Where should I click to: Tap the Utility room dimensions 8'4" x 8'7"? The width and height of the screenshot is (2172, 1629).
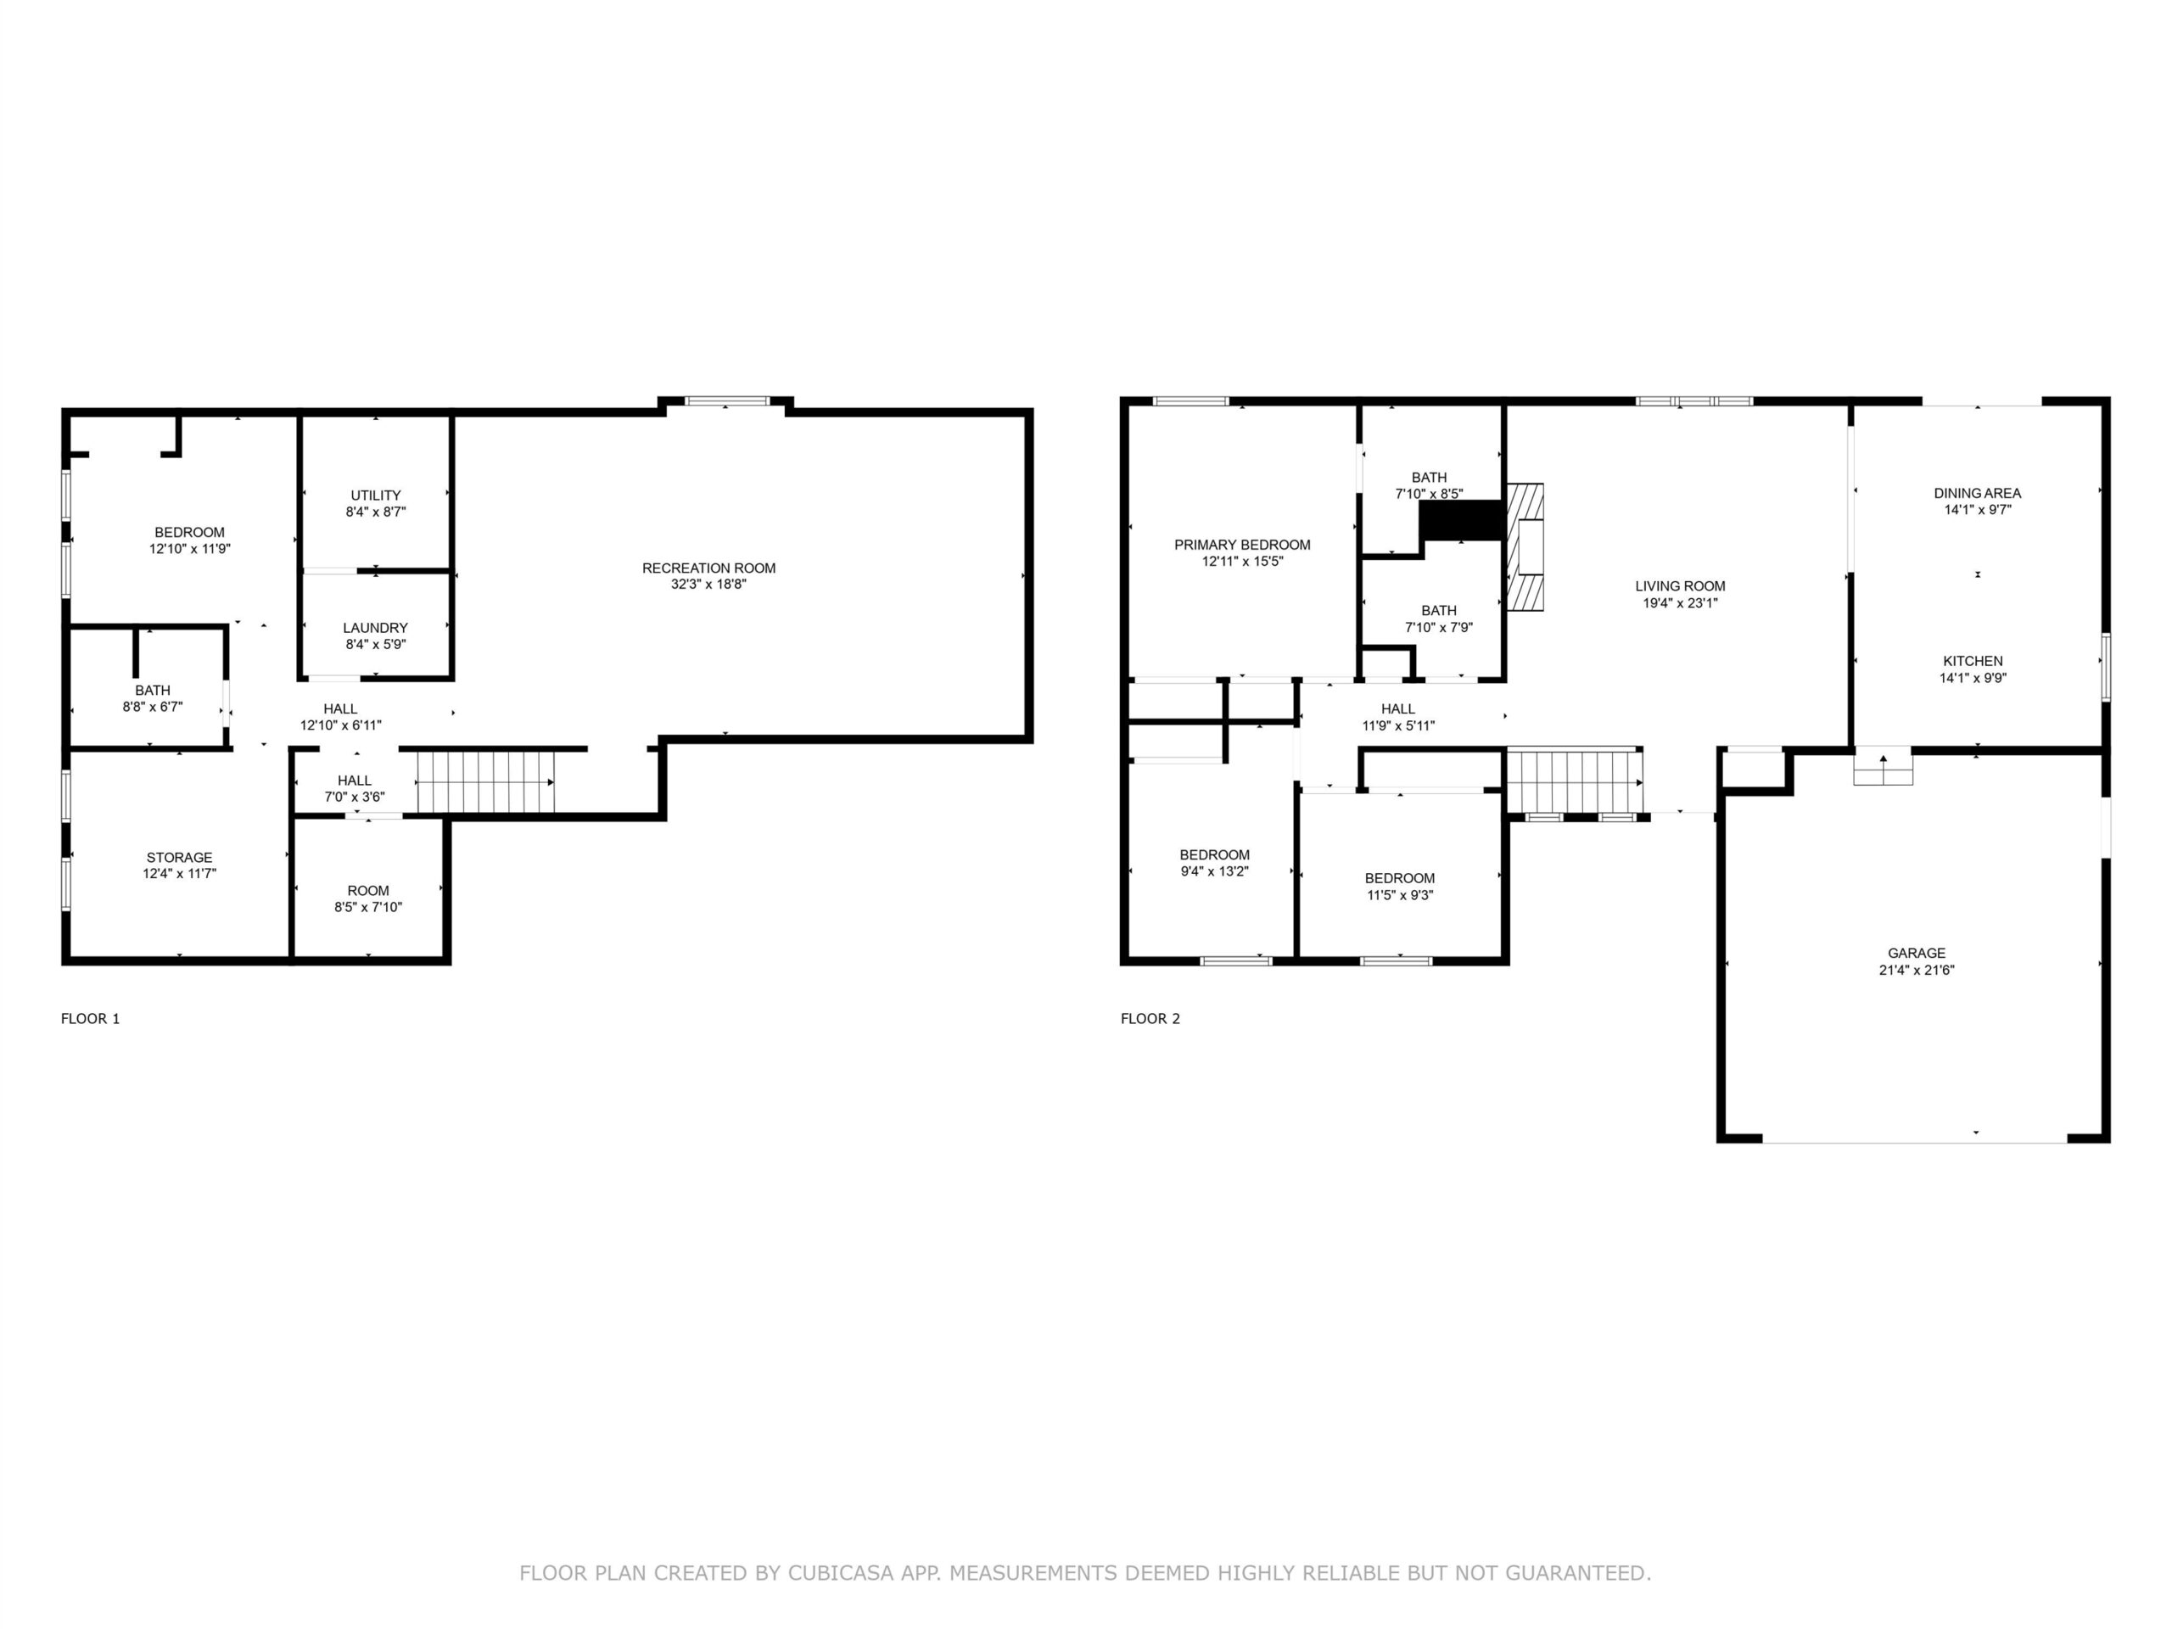tap(375, 512)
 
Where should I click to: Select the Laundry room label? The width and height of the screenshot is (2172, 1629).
tap(375, 628)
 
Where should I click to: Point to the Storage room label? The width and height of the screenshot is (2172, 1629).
tap(180, 857)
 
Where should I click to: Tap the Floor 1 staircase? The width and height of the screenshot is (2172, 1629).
tap(486, 782)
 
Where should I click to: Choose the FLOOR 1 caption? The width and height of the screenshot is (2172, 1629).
tap(90, 1018)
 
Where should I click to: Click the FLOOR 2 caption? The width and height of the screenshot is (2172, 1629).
tap(1150, 1018)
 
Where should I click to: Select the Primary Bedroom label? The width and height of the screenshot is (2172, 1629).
tap(1242, 545)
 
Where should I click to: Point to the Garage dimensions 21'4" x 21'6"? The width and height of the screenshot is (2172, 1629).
tap(1916, 970)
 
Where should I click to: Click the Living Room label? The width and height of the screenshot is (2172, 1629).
tap(1680, 586)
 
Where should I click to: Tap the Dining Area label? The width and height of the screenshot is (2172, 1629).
tap(1977, 493)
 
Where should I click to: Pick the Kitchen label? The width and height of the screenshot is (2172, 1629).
tap(1973, 661)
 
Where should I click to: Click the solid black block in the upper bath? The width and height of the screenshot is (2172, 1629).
tap(1462, 520)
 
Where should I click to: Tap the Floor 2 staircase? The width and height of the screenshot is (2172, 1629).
tap(1575, 782)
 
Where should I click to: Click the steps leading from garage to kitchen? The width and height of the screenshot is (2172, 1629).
tap(1884, 766)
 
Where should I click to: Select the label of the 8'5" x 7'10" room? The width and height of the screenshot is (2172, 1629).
tap(368, 891)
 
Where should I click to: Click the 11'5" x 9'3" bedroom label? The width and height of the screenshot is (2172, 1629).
tap(1399, 878)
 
